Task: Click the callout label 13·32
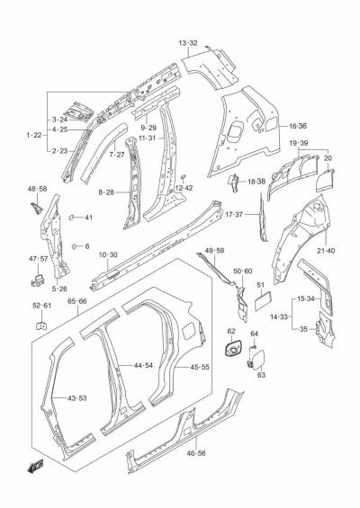coord(187,42)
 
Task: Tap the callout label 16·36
coord(297,126)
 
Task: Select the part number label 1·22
coord(35,135)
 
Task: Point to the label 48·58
coord(37,189)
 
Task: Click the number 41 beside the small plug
coord(88,218)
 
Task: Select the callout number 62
coord(231,333)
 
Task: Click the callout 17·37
coord(259,214)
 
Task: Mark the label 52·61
coord(41,306)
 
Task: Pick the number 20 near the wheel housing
coord(328,157)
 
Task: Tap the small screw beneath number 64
coord(254,347)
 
